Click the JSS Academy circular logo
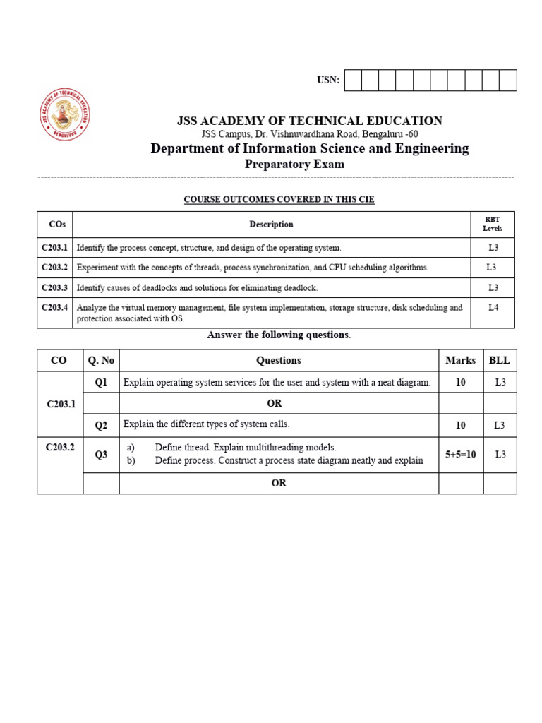tap(64, 114)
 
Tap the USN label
tap(328, 80)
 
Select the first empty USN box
tap(353, 80)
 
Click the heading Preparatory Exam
tap(294, 165)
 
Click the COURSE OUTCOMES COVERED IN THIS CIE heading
tap(279, 200)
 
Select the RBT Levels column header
tap(492, 225)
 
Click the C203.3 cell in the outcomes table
tap(54, 288)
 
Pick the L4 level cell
tap(493, 308)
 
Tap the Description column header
tap(271, 225)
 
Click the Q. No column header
tap(101, 360)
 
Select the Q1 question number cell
tap(101, 383)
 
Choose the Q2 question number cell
tap(101, 425)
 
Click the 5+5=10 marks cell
tap(461, 455)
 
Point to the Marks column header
tap(461, 360)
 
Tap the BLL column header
tap(500, 360)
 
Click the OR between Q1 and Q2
tap(275, 404)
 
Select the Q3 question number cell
tap(101, 455)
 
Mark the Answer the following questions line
tap(279, 335)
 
